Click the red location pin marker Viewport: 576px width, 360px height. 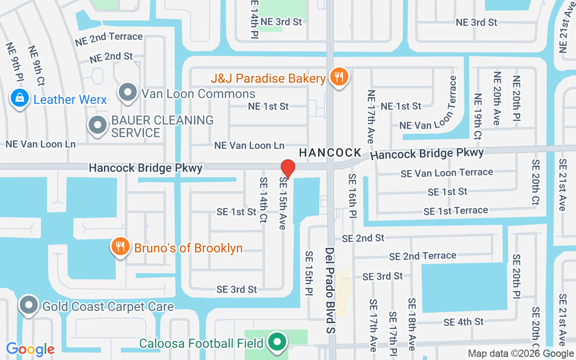tap(288, 169)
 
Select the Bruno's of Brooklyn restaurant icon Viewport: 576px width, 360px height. tap(120, 247)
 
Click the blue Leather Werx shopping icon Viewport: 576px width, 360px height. tap(20, 99)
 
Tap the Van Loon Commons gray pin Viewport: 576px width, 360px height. tap(128, 92)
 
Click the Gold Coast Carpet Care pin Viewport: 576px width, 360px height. tap(29, 306)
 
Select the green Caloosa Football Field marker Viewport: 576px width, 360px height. tap(278, 342)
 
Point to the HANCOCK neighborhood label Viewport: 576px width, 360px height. tap(330, 153)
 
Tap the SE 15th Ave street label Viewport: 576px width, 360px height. tap(283, 203)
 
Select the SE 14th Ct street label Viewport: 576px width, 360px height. tap(264, 200)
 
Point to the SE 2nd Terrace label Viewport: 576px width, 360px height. tap(423, 256)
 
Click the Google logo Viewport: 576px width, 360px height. tap(30, 349)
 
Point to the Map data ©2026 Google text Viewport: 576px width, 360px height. tap(521, 354)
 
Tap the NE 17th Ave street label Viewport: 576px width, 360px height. tap(371, 117)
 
